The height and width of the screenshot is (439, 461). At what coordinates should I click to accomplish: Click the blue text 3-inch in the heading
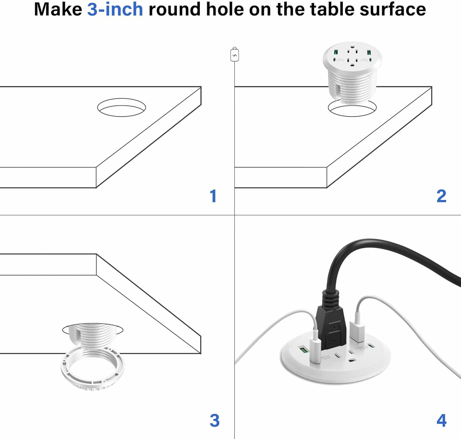point(115,9)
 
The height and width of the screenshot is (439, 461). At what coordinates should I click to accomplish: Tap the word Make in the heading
point(58,9)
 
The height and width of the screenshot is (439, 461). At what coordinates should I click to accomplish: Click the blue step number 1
point(213,196)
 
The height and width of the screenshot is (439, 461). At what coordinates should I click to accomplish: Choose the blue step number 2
point(441,196)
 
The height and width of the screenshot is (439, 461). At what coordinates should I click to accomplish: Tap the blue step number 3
point(214,421)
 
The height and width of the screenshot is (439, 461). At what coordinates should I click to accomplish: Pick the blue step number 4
point(441,421)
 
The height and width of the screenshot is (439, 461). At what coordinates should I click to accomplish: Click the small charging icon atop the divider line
point(234,55)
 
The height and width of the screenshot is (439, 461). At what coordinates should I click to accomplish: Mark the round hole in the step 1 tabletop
point(122,107)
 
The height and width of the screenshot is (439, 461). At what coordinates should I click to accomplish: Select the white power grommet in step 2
point(352,73)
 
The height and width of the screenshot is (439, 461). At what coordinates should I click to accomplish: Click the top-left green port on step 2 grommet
point(336,52)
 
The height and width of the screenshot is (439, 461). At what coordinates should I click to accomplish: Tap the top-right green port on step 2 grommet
point(369,52)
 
